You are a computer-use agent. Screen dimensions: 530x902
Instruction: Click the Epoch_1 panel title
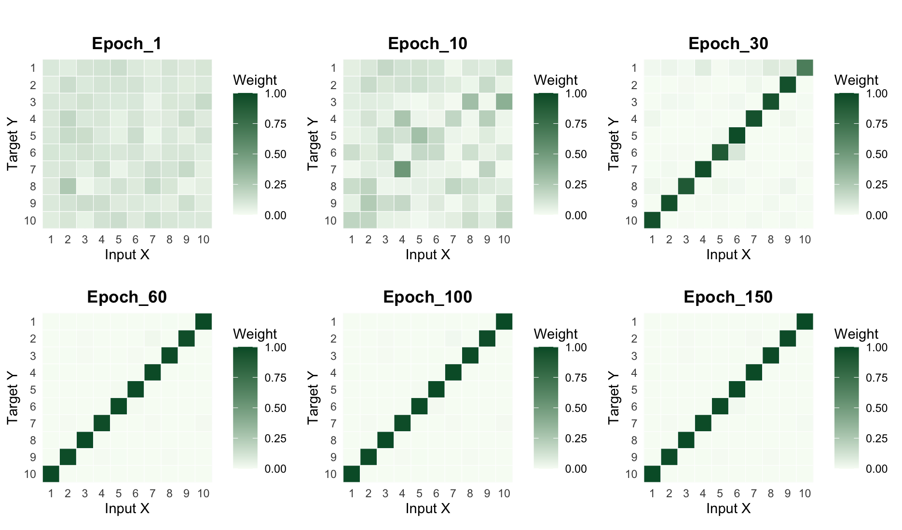click(x=127, y=44)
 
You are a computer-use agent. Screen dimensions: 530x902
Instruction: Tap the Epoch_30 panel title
click(x=728, y=44)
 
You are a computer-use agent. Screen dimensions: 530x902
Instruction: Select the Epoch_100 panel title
click(x=427, y=297)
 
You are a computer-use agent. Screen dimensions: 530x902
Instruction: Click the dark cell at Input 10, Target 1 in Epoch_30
click(x=805, y=68)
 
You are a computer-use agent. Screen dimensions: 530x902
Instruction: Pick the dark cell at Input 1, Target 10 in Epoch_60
click(x=51, y=474)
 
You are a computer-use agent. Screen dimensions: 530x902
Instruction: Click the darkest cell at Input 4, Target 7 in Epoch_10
click(x=402, y=170)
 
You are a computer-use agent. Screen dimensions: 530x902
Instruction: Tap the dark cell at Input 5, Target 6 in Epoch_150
click(x=720, y=406)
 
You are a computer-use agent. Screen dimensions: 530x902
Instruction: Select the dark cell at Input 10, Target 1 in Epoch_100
click(x=504, y=321)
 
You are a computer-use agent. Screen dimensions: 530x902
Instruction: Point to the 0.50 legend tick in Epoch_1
click(x=275, y=155)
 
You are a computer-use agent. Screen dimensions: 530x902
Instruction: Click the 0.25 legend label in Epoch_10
click(x=576, y=185)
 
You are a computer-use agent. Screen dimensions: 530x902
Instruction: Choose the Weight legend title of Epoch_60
click(x=255, y=334)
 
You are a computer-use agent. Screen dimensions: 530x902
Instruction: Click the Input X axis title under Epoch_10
click(x=427, y=254)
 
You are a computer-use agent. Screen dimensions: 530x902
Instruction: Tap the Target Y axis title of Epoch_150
click(x=614, y=397)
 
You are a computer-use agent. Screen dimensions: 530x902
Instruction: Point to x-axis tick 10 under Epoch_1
click(x=204, y=239)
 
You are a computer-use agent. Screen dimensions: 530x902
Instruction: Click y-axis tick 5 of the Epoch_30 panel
click(x=634, y=136)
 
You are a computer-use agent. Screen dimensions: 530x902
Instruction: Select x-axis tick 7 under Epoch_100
click(x=453, y=493)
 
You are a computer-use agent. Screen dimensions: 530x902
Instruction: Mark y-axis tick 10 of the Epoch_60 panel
click(x=30, y=474)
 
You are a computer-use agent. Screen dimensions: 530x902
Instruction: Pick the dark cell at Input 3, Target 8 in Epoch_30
click(x=686, y=186)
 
